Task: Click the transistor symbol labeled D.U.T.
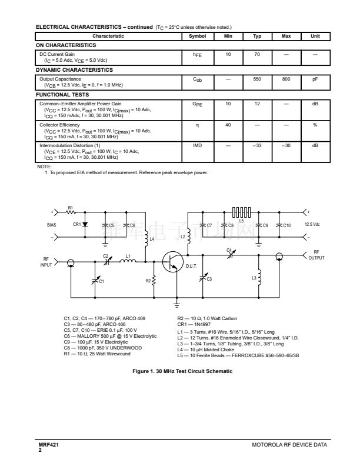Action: (172, 261)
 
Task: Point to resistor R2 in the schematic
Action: (154, 281)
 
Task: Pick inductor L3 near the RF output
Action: (259, 277)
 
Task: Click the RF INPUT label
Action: (46, 262)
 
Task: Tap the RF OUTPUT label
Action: (316, 255)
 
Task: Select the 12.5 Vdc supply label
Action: (313, 224)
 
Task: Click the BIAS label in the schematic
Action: (52, 224)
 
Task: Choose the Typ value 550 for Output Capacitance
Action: (257, 79)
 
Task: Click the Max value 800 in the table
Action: (286, 79)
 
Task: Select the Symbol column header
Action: (197, 36)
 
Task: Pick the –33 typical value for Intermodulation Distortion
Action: (257, 145)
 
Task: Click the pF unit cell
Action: (315, 79)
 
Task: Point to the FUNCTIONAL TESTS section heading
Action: (62, 94)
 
